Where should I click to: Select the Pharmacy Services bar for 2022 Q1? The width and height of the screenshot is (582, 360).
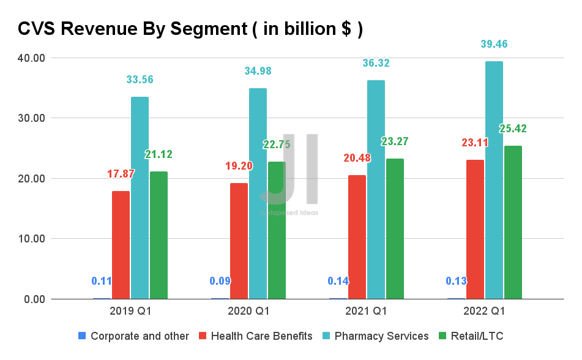[x=494, y=180]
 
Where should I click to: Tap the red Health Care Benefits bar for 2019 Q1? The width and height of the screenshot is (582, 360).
[x=121, y=245]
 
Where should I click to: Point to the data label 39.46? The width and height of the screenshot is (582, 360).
[x=494, y=44]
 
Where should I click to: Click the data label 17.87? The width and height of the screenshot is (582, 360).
[x=121, y=173]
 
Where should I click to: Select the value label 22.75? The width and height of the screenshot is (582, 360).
[x=277, y=144]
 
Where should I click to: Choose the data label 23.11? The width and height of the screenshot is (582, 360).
[x=474, y=143]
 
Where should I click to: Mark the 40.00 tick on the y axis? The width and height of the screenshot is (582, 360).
[x=31, y=58]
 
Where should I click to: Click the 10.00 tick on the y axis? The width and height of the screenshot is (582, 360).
[x=31, y=239]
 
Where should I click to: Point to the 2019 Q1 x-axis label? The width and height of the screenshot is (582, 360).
[x=130, y=311]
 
